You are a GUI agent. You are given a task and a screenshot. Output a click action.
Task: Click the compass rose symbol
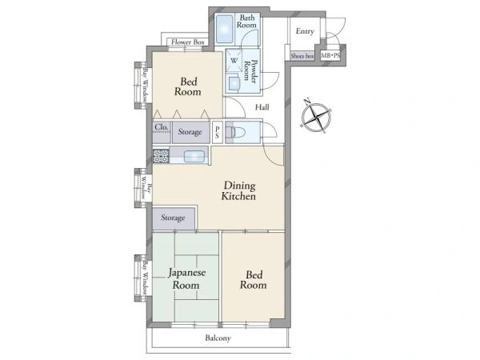coord(316,117)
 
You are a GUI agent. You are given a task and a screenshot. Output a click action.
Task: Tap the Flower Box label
coord(188,42)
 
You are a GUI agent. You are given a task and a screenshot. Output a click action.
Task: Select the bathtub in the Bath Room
coord(224,30)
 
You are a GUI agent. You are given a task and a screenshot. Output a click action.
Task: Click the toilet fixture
coord(235,132)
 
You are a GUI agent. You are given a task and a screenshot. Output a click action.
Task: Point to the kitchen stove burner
coord(161,156)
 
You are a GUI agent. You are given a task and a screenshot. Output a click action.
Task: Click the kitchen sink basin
coord(194,157)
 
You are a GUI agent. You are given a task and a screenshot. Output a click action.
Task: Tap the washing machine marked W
coord(234,60)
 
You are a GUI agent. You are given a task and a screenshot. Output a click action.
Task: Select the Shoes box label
coord(302,56)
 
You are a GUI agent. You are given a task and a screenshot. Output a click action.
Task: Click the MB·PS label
coord(330,56)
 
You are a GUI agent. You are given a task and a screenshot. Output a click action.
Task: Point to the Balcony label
coord(218,338)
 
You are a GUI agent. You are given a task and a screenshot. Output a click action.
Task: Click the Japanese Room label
coord(186,278)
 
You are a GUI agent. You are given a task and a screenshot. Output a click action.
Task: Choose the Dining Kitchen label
coord(238,190)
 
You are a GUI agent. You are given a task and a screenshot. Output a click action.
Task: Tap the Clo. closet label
coord(162,126)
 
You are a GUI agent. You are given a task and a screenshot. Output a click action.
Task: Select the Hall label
coord(262,107)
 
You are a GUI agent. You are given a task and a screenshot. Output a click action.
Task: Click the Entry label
coord(305,31)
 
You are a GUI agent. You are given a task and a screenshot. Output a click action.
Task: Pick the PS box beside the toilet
coord(217,132)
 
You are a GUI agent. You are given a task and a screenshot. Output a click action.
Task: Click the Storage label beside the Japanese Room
coord(173,218)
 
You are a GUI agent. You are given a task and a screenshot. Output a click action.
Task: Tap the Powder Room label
coord(250,70)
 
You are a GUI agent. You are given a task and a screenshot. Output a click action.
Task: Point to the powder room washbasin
coord(234,83)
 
